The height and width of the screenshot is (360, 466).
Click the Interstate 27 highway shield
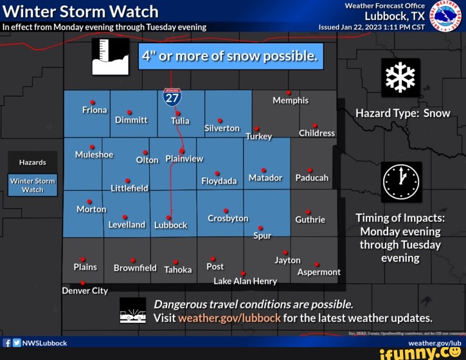tap(172, 96)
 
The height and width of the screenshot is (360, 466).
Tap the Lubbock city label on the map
tap(171, 225)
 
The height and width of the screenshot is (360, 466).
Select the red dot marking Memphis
tap(289, 93)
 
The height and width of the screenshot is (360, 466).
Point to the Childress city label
tap(316, 133)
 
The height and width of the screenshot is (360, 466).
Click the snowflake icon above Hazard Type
tap(400, 78)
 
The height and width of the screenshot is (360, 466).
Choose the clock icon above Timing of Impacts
tap(402, 182)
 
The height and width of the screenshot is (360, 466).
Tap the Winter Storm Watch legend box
tap(33, 185)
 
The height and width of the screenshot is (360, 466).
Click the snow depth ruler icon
tap(111, 57)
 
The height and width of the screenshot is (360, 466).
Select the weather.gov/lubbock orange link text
tap(229, 318)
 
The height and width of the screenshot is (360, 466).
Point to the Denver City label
tap(85, 291)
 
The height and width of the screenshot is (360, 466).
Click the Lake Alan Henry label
tap(245, 281)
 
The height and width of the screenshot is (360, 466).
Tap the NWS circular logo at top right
tap(445, 16)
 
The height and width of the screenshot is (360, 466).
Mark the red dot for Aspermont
tap(317, 264)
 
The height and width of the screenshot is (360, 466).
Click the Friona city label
tap(94, 110)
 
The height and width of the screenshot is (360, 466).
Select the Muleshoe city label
tap(94, 155)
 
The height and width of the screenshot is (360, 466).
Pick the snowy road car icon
tap(133, 310)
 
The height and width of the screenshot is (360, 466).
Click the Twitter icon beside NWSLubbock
tap(16, 343)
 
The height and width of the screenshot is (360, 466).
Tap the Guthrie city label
tap(310, 219)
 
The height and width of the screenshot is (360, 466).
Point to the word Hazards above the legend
tap(32, 163)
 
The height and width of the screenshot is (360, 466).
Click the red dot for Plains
tap(83, 260)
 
